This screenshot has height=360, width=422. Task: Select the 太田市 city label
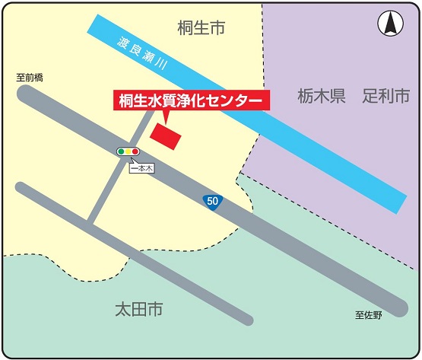pos(139,310)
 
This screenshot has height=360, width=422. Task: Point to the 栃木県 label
pos(322,97)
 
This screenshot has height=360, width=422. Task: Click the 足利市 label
pos(386,97)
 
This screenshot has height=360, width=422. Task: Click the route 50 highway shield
pos(213,201)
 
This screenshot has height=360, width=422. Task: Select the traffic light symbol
pos(128,151)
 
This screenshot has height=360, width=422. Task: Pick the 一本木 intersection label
pos(141,168)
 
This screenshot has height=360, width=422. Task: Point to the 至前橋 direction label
pos(30,77)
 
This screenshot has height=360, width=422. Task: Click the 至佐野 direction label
pos(369,314)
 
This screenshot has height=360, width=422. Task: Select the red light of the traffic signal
pos(135,151)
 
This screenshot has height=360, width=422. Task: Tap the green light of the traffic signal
pos(121,151)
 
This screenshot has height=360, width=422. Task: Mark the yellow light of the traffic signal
pos(128,151)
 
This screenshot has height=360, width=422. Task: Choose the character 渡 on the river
pos(123,41)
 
